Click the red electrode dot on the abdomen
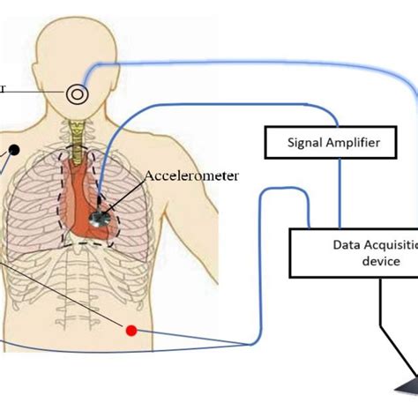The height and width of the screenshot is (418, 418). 132,331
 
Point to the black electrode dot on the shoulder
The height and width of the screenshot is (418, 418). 15,150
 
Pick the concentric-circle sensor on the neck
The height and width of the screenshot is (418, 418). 78,91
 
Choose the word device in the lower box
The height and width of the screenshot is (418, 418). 355,262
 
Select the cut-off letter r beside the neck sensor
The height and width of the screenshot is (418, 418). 3,88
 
